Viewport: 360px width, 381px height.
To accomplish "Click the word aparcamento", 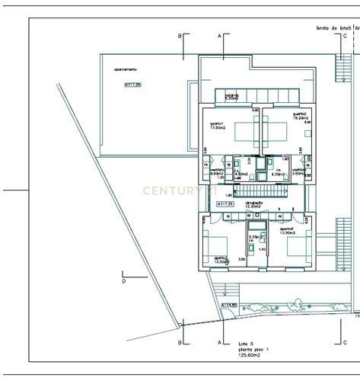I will coord(126,69).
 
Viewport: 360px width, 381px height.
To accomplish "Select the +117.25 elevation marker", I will coord(225,204).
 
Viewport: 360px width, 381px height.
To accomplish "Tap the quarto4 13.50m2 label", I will coord(288,231).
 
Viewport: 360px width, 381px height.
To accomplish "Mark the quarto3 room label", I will coord(221,260).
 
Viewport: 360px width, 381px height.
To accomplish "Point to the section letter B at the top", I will coord(180,36).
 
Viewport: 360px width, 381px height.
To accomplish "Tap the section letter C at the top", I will coord(345,36).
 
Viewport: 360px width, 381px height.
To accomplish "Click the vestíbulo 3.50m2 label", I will coord(298,172).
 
